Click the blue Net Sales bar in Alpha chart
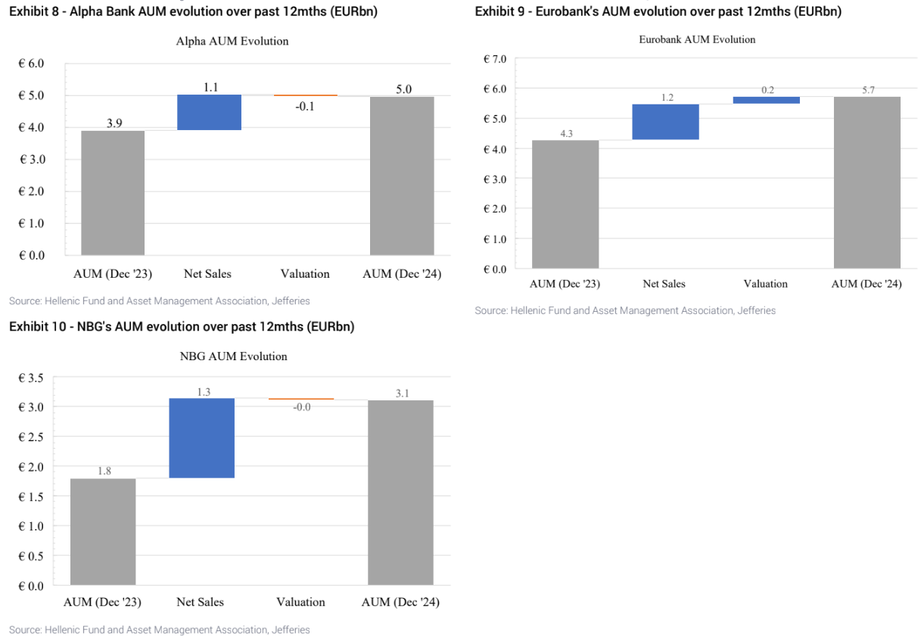pyautogui.click(x=209, y=112)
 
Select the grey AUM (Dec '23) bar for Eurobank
pyautogui.click(x=565, y=204)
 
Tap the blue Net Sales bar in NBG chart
pyautogui.click(x=201, y=438)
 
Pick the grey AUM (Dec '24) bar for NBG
pyautogui.click(x=400, y=492)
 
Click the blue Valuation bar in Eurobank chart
pyautogui.click(x=766, y=100)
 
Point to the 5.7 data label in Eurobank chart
pyautogui.click(x=867, y=89)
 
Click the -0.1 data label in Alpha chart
pyautogui.click(x=305, y=107)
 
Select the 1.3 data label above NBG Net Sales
pyautogui.click(x=202, y=392)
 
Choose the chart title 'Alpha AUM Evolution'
pyautogui.click(x=232, y=41)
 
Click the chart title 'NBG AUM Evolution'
pyautogui.click(x=233, y=356)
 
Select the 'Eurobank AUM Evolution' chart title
pyautogui.click(x=697, y=39)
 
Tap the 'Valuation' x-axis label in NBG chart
pyautogui.click(x=300, y=602)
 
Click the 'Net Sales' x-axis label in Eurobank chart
pyautogui.click(x=664, y=284)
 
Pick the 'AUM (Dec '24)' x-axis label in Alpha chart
pyautogui.click(x=402, y=273)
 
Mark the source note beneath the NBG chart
pyautogui.click(x=159, y=630)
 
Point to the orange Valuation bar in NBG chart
pyautogui.click(x=300, y=399)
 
